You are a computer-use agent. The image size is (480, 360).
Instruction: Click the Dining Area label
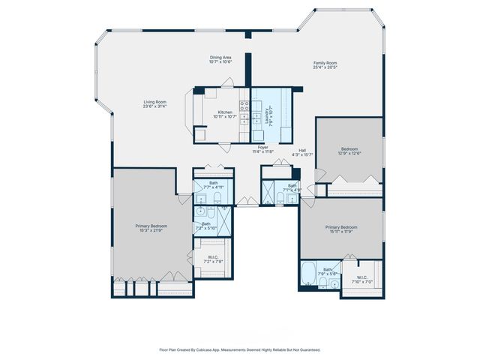pos(220,57)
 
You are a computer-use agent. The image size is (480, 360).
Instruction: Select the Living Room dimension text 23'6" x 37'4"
pos(155,106)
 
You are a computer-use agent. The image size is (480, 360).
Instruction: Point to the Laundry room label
pos(267,117)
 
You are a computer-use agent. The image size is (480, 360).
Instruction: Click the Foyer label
pos(262,147)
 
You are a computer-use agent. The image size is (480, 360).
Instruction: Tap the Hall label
pos(302,150)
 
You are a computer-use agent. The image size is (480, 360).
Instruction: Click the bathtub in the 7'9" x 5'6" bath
pos(309,274)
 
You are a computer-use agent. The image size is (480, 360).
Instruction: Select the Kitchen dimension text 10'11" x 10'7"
pos(225,117)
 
